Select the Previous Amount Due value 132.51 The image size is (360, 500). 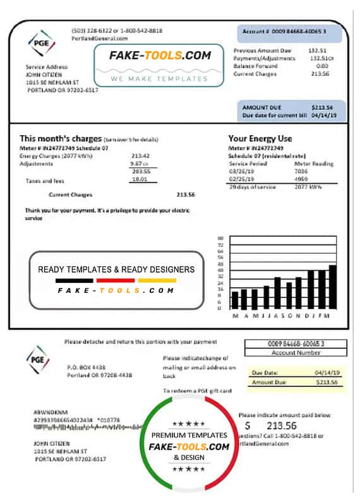(317, 50)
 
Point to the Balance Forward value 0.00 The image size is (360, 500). (321, 66)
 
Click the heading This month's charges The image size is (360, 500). (61, 138)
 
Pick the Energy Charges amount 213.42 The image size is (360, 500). (140, 155)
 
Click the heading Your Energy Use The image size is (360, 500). (260, 138)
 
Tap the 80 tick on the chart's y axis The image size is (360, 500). (220, 237)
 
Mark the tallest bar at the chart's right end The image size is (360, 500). (332, 287)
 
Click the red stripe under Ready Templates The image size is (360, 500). (116, 280)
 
